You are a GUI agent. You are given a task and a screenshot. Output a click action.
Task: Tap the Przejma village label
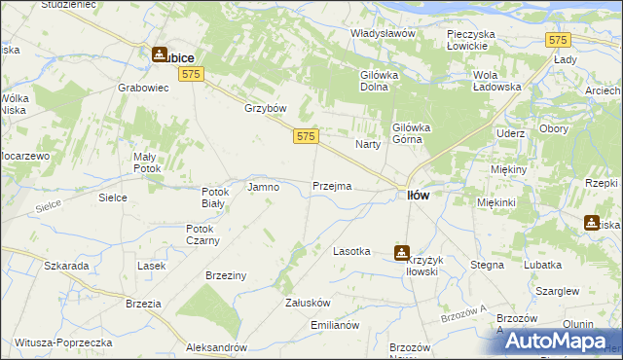pos(332,186)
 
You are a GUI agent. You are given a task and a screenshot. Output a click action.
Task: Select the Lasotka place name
pos(351,251)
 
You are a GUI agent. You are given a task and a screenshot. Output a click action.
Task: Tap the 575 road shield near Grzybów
pos(305,138)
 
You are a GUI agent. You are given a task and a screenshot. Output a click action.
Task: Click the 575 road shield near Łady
pos(558,40)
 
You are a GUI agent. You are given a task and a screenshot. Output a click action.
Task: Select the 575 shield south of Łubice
pos(191,75)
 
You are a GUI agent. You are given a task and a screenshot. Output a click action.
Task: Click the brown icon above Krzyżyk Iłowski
pos(401,252)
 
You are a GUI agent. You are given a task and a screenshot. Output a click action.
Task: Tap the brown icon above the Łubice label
pos(159,56)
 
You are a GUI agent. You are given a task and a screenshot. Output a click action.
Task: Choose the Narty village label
pos(367,144)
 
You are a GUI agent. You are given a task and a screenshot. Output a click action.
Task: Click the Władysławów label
pos(383,33)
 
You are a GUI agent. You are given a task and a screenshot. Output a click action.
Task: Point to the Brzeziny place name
pos(225,275)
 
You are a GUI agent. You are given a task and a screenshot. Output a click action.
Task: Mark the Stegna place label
pos(487,264)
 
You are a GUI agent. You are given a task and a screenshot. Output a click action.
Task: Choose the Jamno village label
pos(264,186)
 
